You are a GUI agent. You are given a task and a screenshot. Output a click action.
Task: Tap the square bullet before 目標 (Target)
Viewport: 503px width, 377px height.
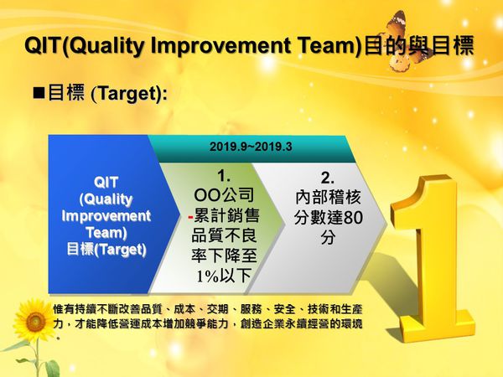pyautogui.click(x=38, y=92)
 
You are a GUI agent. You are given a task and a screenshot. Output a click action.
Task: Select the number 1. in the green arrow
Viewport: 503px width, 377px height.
pyautogui.click(x=224, y=177)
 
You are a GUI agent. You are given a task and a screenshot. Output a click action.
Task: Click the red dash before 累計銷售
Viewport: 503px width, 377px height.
pyautogui.click(x=190, y=216)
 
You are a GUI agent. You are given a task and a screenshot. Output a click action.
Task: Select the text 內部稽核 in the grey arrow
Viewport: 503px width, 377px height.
pyautogui.click(x=328, y=199)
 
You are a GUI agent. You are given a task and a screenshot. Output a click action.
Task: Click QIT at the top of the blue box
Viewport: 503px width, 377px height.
pyautogui.click(x=106, y=182)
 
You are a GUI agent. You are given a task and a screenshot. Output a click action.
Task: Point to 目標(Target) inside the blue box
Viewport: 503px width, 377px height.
pyautogui.click(x=106, y=250)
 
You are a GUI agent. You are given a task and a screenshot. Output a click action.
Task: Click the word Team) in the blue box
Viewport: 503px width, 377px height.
pyautogui.click(x=106, y=232)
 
